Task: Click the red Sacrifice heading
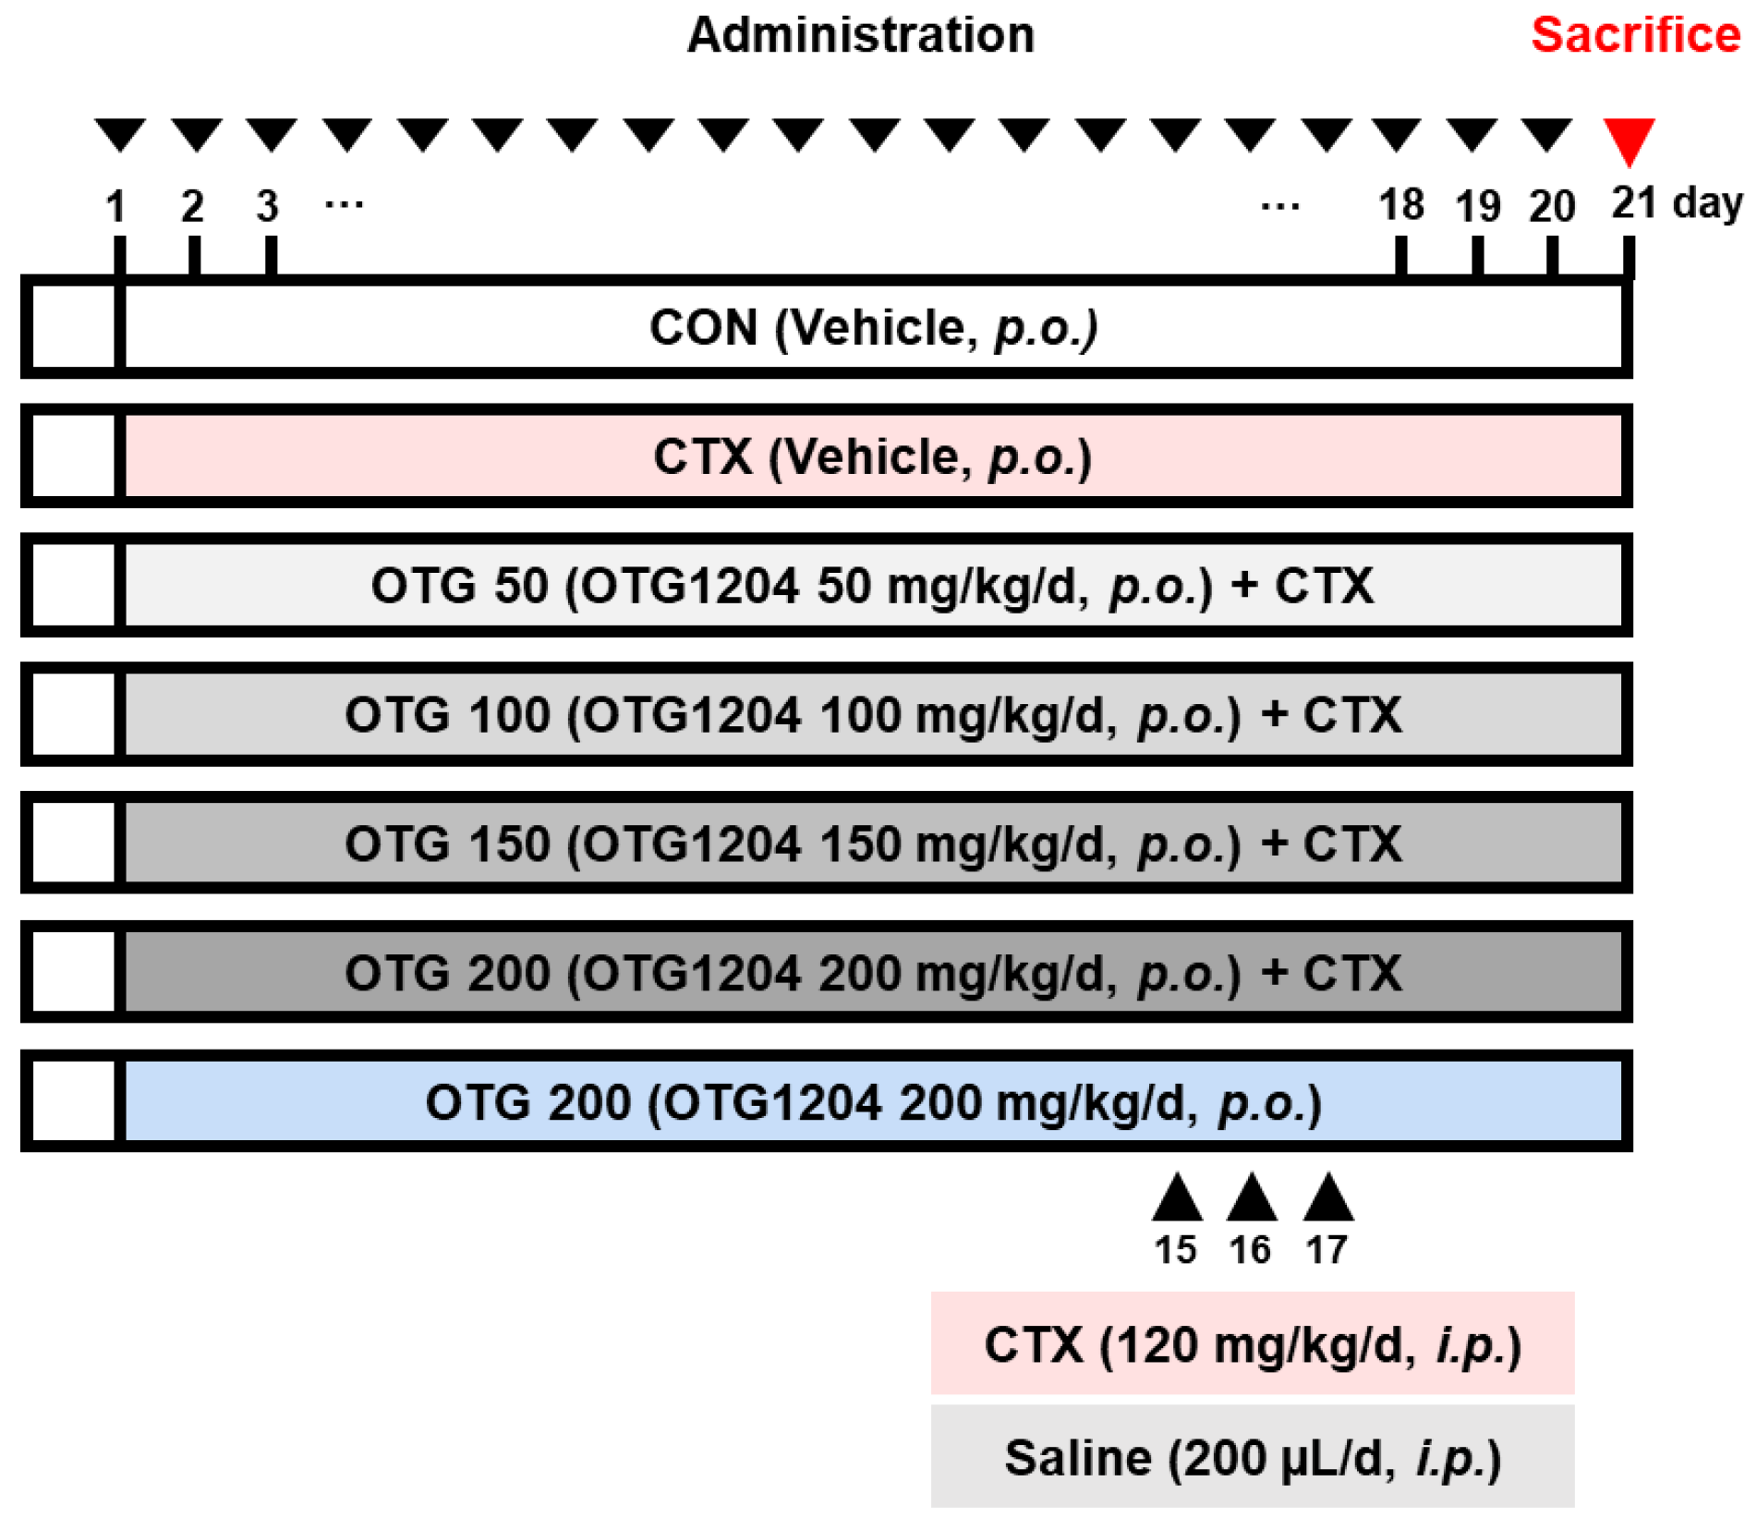[1634, 35]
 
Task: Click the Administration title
[860, 35]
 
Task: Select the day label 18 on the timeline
[1400, 205]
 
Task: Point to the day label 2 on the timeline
[192, 206]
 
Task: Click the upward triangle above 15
[1176, 1199]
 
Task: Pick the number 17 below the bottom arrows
[1326, 1250]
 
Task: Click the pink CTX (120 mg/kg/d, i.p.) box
[1252, 1343]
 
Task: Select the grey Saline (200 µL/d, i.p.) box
[1252, 1457]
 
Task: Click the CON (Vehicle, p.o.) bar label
[873, 328]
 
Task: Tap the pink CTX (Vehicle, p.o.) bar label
[873, 456]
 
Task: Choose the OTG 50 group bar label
[873, 586]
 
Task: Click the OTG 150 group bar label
[873, 844]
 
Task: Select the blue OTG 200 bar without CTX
[873, 1102]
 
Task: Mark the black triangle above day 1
[120, 134]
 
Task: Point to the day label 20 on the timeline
[1551, 206]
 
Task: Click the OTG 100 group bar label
[873, 715]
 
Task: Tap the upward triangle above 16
[1251, 1199]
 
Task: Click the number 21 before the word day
[1633, 202]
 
